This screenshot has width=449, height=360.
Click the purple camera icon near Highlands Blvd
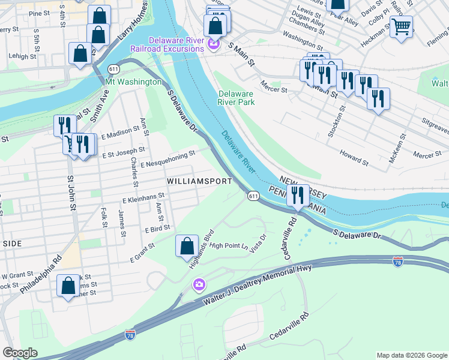pos(199,284)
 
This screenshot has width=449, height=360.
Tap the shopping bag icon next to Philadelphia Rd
pos(68,286)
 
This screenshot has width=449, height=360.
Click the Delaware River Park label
pos(237,98)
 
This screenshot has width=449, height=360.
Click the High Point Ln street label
pos(229,245)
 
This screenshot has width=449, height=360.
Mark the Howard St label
pos(354,158)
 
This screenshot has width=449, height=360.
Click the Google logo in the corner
pos(21,352)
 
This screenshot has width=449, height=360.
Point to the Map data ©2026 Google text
pos(411,355)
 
